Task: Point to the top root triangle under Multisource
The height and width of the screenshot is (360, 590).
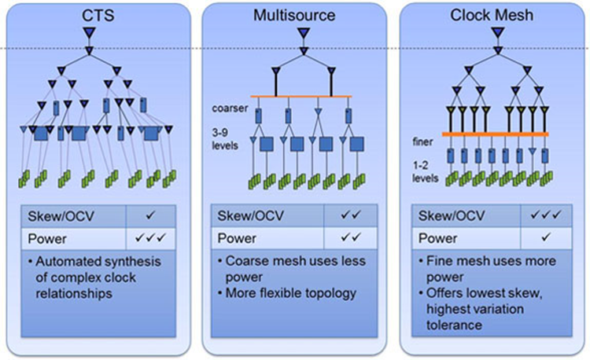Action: (x=303, y=33)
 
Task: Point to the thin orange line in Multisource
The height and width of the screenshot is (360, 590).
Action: (x=303, y=97)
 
